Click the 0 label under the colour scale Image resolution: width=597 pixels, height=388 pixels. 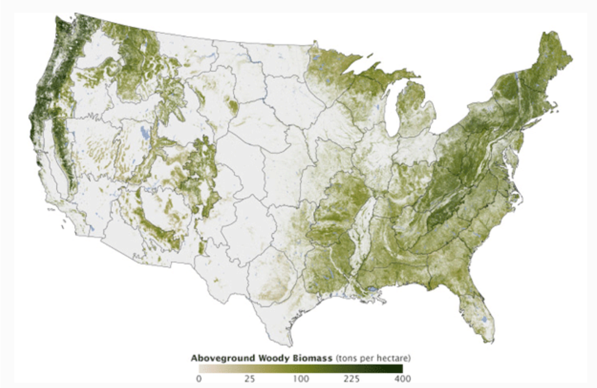(x=199, y=378)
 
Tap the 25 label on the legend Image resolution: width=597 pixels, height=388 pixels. (x=249, y=378)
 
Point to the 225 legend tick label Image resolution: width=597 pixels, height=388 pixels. (x=351, y=378)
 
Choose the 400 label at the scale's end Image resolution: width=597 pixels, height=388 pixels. (x=402, y=378)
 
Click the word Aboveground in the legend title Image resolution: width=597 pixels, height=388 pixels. (x=220, y=358)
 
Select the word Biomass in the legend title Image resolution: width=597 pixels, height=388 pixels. (x=310, y=358)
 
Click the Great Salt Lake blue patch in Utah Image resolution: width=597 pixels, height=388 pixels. (x=144, y=136)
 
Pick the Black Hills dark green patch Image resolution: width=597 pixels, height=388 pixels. (x=232, y=106)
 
